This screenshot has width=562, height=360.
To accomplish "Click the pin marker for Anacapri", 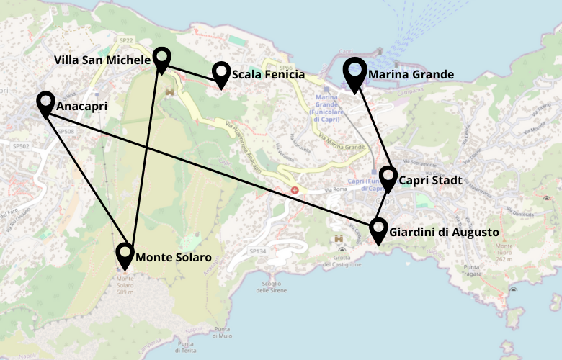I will click(x=45, y=104).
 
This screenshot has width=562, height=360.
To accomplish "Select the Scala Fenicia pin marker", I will click(x=220, y=73).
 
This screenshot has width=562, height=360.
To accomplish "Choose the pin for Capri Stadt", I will click(x=388, y=179).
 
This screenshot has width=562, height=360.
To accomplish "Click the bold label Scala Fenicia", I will click(x=268, y=74).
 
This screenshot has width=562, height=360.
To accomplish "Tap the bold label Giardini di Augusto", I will click(x=444, y=233).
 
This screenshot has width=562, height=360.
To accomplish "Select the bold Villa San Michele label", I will click(x=102, y=60).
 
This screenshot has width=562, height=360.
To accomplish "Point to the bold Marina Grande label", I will click(x=411, y=74).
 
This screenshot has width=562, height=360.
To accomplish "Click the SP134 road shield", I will click(x=257, y=251).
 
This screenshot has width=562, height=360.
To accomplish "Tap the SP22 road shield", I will click(x=127, y=40).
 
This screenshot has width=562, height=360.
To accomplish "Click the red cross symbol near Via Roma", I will click(x=294, y=190).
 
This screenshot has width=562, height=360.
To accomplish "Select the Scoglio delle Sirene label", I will click(x=271, y=287).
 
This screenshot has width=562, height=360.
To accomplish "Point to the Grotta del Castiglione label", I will click(x=342, y=261).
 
